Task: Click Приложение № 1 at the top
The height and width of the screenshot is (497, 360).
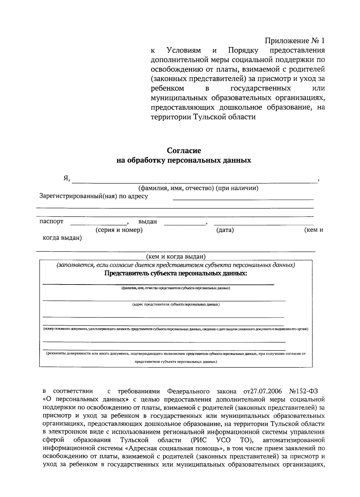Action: (295, 41)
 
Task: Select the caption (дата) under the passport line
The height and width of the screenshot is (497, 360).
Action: (225, 230)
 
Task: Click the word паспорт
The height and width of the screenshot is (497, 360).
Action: (51, 222)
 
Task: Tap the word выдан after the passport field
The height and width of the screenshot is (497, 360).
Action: (148, 222)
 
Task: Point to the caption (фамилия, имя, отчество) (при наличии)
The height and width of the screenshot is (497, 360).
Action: (198, 188)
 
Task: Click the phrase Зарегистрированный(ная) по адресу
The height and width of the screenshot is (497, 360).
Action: (94, 197)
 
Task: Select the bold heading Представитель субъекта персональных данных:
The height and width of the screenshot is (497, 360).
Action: (176, 273)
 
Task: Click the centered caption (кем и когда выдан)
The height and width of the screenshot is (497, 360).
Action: (176, 257)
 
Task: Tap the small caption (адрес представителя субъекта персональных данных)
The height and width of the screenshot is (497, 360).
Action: (176, 304)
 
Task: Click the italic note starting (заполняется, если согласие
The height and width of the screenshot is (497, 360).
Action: (176, 265)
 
